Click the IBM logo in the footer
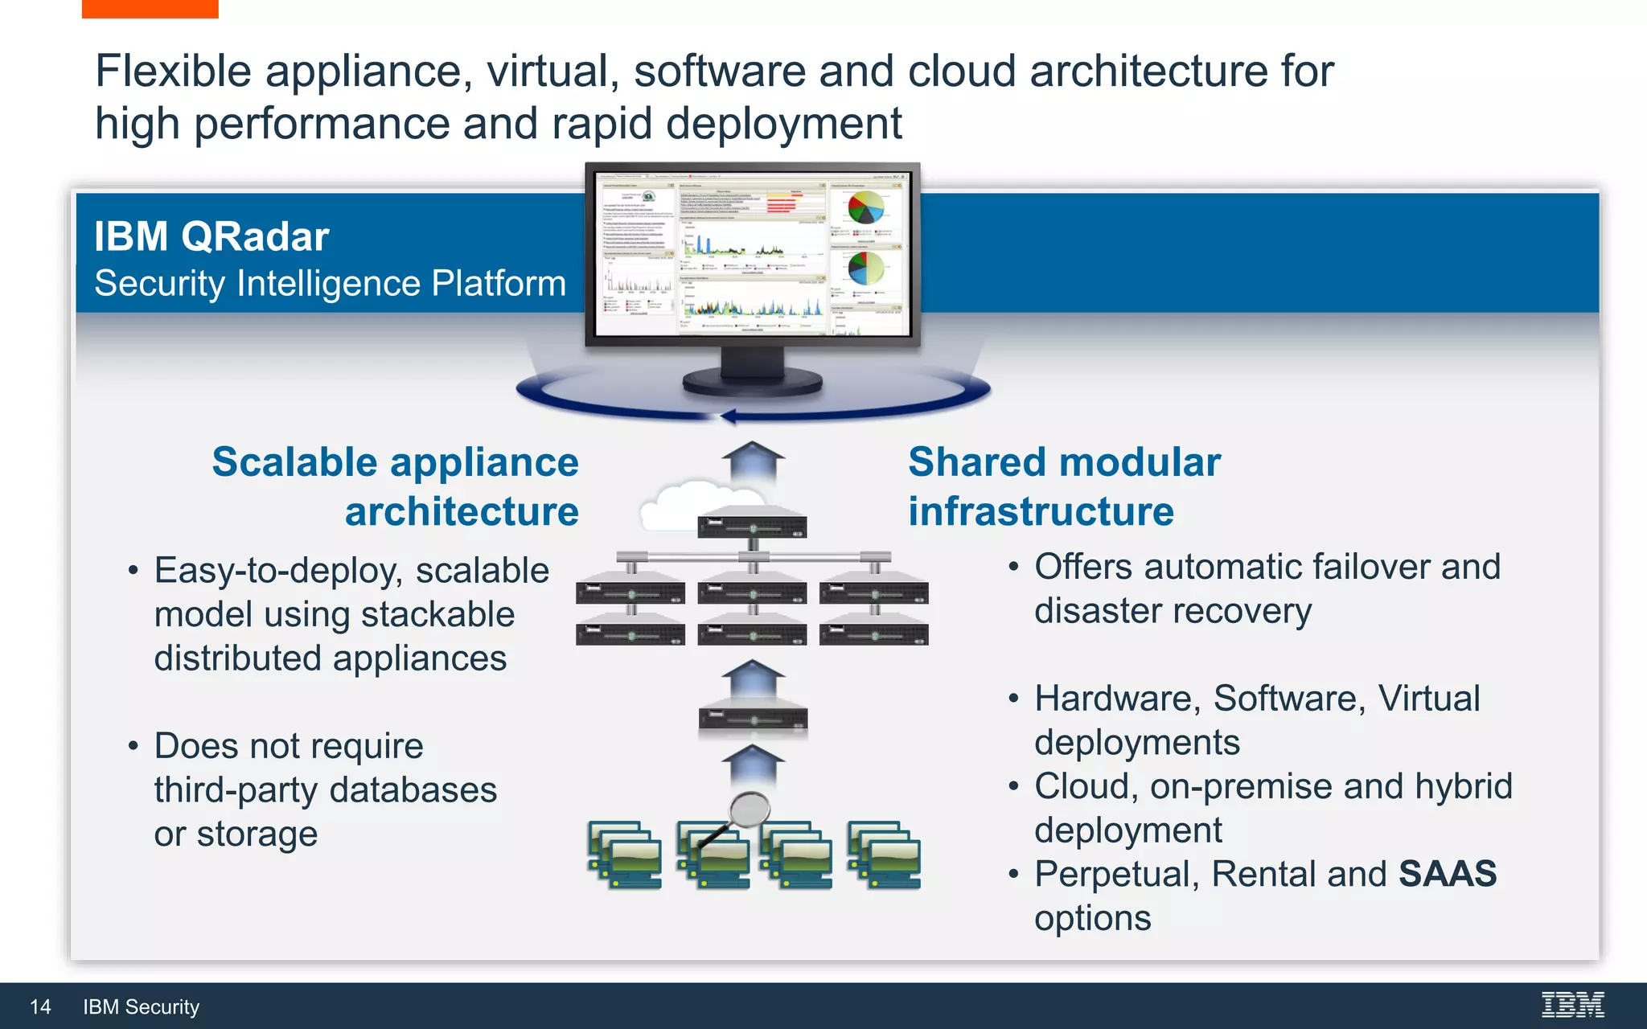point(1572,1005)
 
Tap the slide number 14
point(40,1007)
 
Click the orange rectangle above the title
point(150,9)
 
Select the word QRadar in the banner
point(255,237)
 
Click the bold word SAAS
point(1447,874)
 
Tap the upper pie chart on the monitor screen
point(865,207)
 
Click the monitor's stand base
point(752,383)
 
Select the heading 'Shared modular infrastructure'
point(1063,486)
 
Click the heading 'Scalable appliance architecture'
point(396,486)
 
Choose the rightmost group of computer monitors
point(884,855)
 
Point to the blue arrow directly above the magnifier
point(753,764)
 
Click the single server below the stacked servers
point(753,715)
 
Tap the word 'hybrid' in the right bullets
point(1464,786)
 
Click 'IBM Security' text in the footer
point(141,1007)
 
